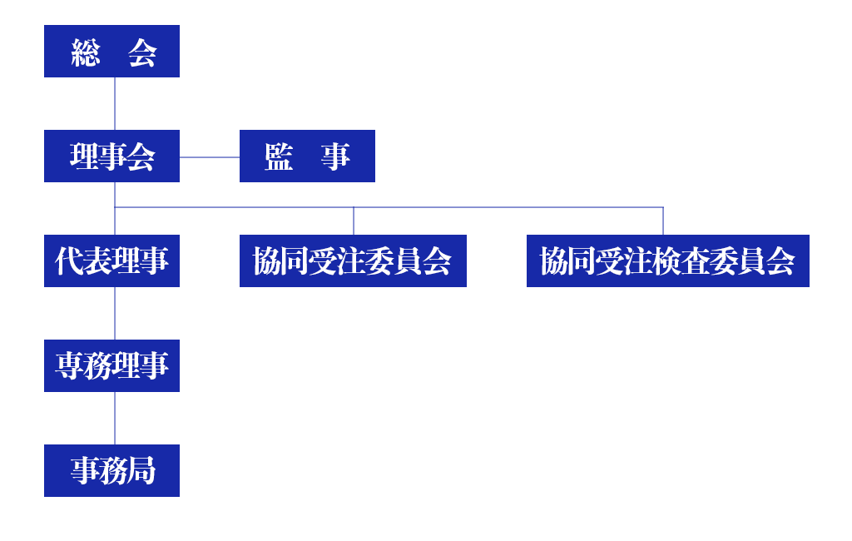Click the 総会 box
click(111, 51)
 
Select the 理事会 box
click(111, 156)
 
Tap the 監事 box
click(307, 156)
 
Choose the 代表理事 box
click(111, 261)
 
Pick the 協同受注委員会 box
click(353, 261)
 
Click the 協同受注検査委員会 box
click(667, 261)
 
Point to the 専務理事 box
click(111, 365)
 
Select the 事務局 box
click(111, 470)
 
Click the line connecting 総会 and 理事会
click(115, 103)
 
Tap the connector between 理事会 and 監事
click(210, 156)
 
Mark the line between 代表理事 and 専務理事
click(115, 313)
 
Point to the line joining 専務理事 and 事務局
click(115, 418)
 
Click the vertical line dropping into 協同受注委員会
click(354, 221)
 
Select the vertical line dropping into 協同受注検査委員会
click(663, 221)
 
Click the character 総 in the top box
click(85, 52)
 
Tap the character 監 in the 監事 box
click(279, 156)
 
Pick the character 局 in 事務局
click(141, 471)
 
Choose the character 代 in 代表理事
click(69, 261)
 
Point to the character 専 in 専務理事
click(69, 366)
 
